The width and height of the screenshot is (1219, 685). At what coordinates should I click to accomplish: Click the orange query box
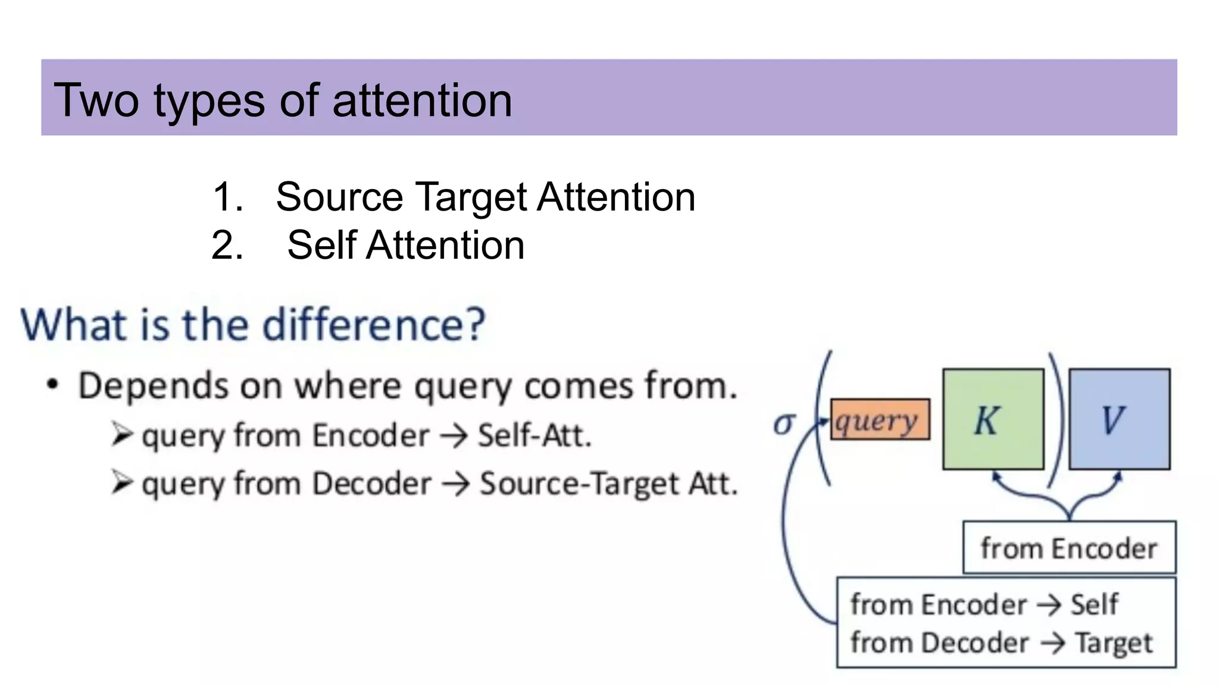(879, 420)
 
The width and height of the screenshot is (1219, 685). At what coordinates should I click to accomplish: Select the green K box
(993, 419)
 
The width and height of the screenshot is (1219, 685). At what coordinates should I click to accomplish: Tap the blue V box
(1119, 419)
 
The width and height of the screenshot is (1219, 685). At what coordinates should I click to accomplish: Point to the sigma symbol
(783, 423)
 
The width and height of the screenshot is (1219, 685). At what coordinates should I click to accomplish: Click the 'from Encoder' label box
(1069, 548)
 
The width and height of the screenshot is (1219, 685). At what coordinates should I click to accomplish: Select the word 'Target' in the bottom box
(1113, 643)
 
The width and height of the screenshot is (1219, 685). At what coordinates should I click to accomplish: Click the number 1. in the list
(227, 197)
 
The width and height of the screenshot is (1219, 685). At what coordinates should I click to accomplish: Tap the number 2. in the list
(227, 245)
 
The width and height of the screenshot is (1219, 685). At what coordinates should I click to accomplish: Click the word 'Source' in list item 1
(339, 197)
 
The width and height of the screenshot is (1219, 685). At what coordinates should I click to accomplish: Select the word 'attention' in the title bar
(422, 100)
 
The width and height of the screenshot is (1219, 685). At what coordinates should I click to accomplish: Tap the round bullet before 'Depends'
(53, 385)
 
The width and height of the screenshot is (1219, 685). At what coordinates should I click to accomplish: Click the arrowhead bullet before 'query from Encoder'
(121, 435)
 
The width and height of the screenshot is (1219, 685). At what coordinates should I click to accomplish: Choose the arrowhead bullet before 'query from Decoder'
(121, 482)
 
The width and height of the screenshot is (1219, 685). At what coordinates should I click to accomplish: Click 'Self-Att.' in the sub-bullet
(535, 435)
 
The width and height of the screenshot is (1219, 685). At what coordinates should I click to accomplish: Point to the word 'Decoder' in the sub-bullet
(371, 483)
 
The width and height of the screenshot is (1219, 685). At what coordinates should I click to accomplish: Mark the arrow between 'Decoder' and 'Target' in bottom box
(1052, 643)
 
